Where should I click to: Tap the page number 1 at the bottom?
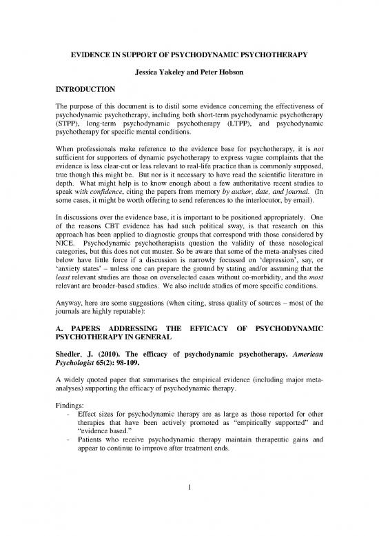(189, 510)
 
